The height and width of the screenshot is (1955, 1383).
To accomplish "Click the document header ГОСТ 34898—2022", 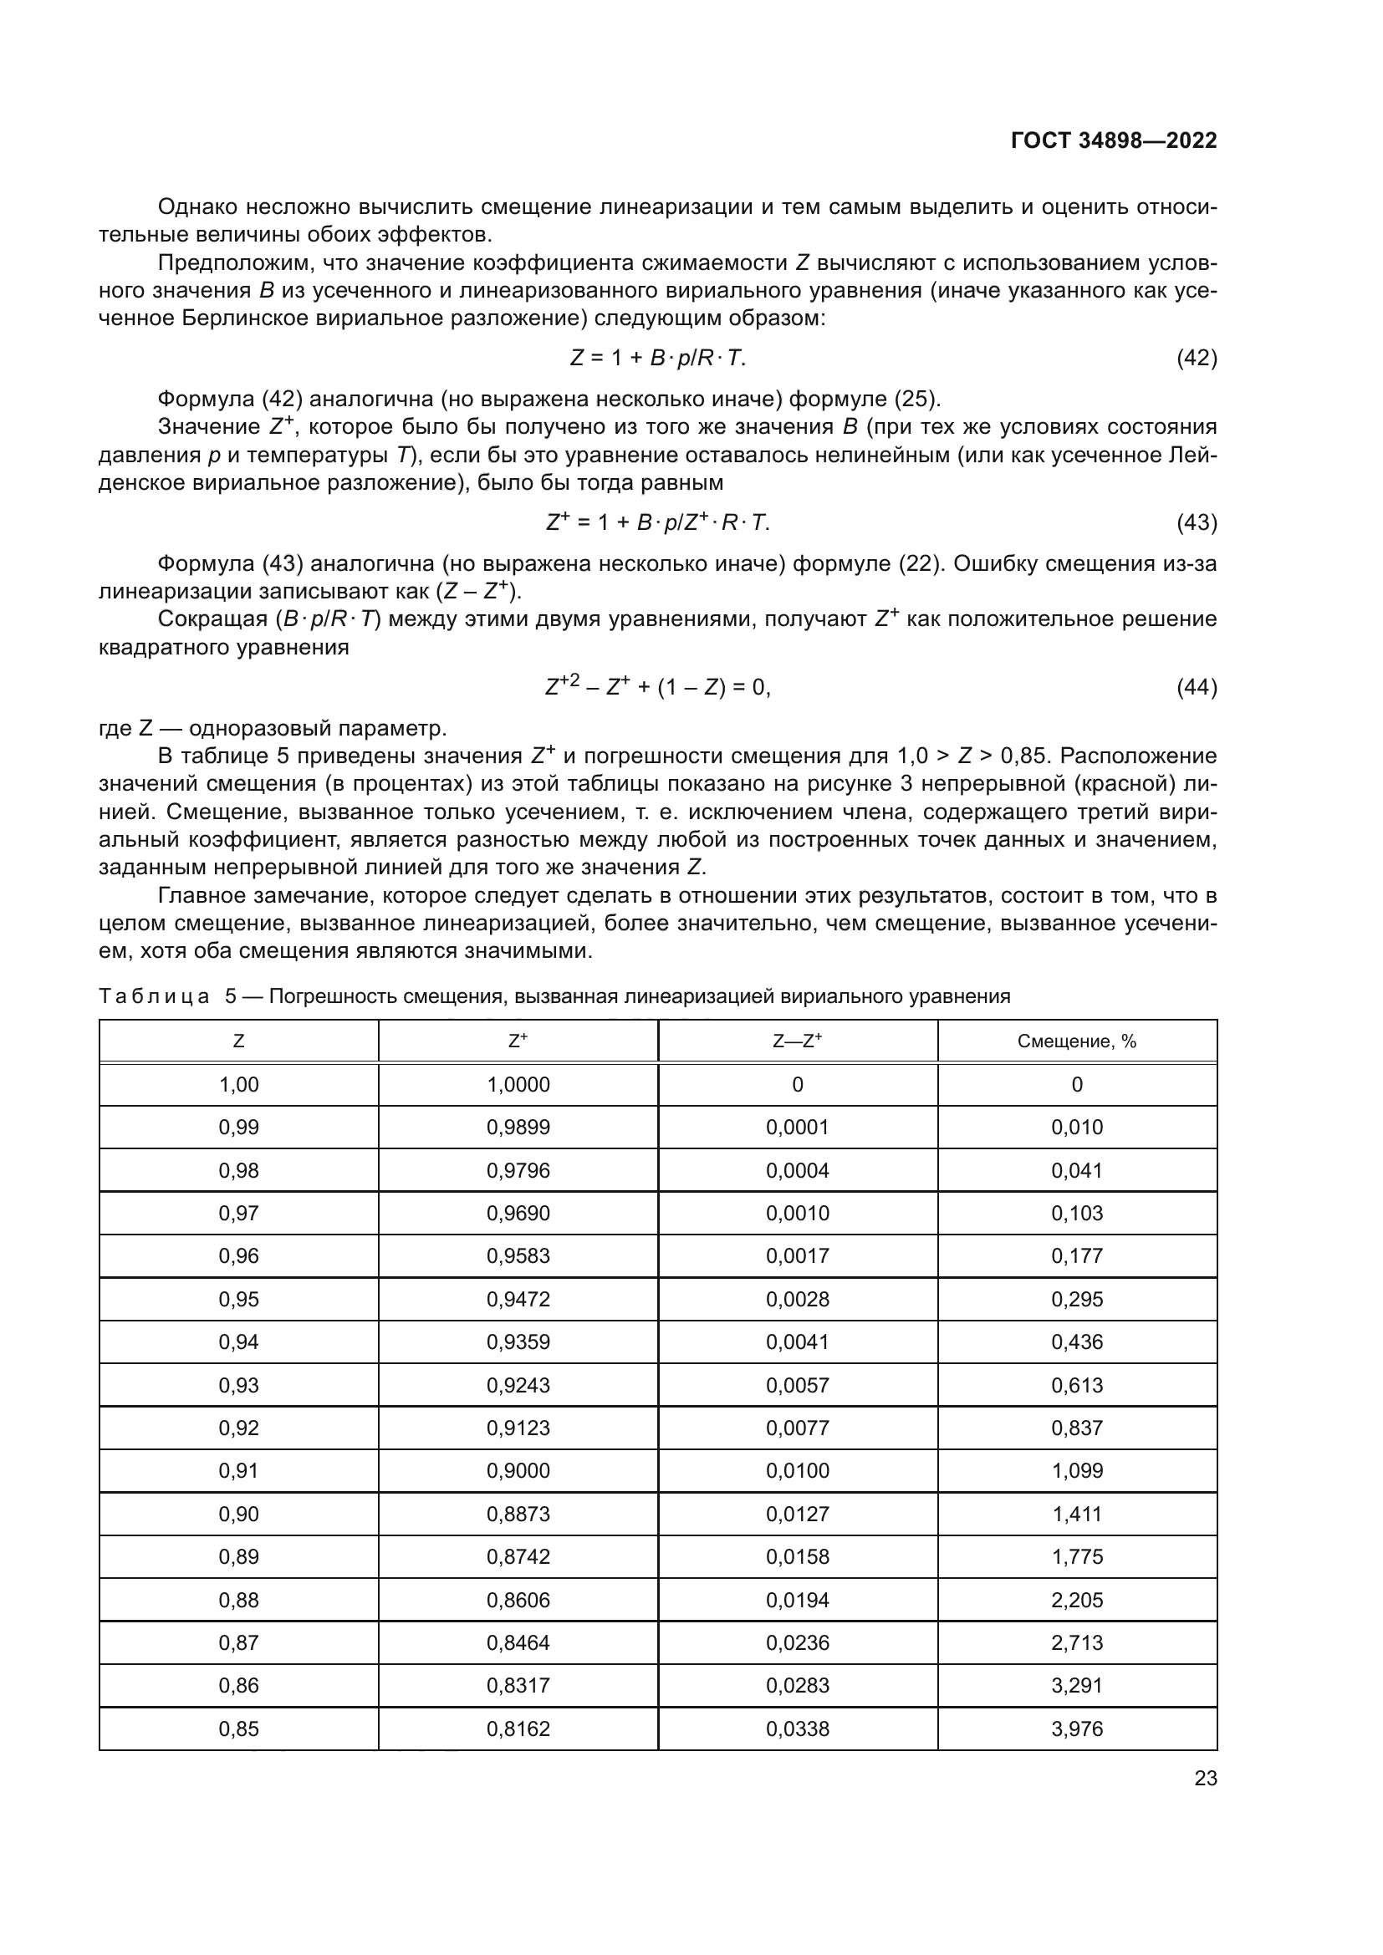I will click(1113, 141).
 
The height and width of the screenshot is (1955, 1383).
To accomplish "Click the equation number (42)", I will click(1196, 358).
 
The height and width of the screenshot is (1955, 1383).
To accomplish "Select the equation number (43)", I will click(1196, 522).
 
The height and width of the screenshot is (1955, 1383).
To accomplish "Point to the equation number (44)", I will click(1196, 686).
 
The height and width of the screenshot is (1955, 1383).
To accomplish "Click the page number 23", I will click(1205, 1779).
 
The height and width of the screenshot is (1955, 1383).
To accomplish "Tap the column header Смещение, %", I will click(1076, 1041).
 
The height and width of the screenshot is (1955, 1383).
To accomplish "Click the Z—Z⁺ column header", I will click(797, 1041).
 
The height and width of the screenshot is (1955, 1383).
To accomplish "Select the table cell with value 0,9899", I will click(518, 1128).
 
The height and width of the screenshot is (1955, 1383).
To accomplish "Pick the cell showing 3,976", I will click(1076, 1728).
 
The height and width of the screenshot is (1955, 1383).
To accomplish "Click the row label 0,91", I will click(238, 1470).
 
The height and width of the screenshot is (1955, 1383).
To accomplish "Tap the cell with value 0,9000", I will click(518, 1470).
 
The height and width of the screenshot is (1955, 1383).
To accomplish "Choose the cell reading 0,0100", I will click(797, 1470).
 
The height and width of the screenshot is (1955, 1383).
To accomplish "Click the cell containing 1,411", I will click(1076, 1514).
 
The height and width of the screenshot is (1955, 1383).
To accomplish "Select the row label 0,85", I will click(238, 1728).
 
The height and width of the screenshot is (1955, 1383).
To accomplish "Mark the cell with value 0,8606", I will click(518, 1600).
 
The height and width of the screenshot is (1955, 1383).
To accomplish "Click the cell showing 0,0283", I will click(797, 1685).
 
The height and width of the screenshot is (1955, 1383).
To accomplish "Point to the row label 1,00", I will click(238, 1084).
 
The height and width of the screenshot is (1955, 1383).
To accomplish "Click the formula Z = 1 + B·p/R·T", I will click(657, 358).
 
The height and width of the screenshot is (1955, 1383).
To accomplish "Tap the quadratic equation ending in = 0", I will click(657, 686).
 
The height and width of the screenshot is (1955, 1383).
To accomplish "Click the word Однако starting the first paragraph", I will click(196, 207).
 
